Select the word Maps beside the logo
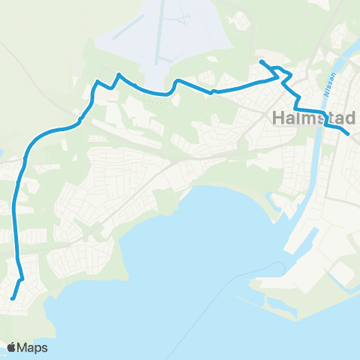[34, 347]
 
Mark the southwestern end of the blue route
[12, 298]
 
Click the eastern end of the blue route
[348, 133]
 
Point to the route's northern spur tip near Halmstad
[261, 61]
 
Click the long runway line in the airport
[157, 37]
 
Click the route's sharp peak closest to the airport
[118, 74]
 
